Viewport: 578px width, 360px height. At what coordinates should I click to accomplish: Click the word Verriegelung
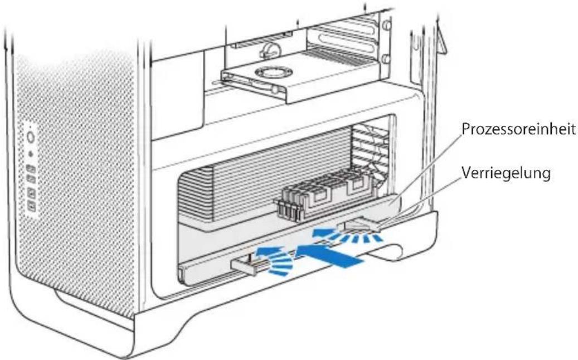pos(506,173)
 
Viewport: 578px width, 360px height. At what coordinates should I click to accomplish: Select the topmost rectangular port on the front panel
pos(31,168)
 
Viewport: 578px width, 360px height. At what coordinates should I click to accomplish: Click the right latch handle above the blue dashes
pos(360,225)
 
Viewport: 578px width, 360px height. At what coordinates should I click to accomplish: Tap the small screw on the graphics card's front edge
pos(275,89)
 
